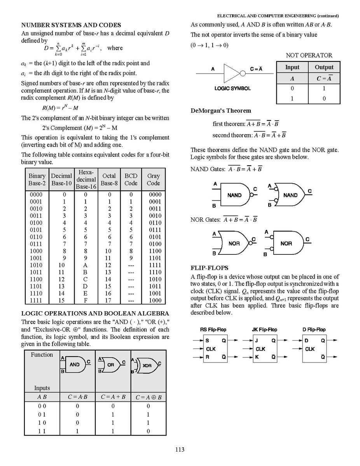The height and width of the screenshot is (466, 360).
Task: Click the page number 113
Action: tap(180, 450)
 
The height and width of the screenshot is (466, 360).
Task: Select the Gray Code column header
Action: tap(154, 179)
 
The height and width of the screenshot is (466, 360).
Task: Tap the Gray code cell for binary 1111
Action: tap(155, 300)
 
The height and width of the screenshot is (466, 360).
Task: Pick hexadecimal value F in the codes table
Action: tap(86, 300)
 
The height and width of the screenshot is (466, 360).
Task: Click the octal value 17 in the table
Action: tap(108, 300)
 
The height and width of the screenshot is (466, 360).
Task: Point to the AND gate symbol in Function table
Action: tap(75, 364)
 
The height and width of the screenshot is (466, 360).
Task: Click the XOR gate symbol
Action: tap(146, 365)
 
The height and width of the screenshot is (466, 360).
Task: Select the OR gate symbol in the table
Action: tap(112, 364)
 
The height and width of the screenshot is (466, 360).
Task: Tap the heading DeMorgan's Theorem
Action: tap(221, 111)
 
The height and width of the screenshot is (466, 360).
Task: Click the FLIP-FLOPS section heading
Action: tap(210, 268)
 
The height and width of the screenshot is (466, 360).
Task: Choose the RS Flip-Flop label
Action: tap(213, 329)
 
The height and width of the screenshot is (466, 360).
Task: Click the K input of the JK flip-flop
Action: tap(257, 357)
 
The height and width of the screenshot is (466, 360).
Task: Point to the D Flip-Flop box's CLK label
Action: tap(310, 349)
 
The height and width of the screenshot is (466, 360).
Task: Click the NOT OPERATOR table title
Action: tap(309, 55)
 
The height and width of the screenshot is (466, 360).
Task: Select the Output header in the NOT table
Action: tap(324, 67)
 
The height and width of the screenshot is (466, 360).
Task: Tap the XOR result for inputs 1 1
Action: tap(148, 431)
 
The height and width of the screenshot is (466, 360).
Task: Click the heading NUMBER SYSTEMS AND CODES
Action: tap(71, 25)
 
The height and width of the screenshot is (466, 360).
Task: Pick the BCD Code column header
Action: tap(131, 179)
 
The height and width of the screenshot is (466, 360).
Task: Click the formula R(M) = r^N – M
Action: tap(60, 107)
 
